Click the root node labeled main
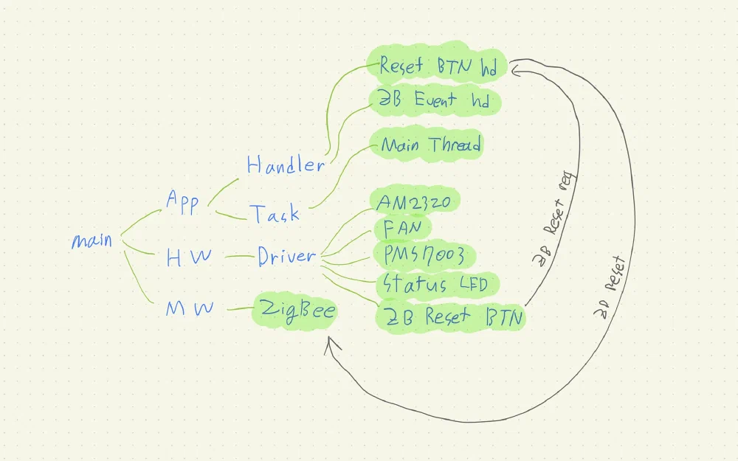pos(92,240)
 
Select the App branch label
pos(182,201)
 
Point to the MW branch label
pos(189,309)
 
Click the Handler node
pos(285,165)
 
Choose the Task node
pos(274,214)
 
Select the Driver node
pos(286,257)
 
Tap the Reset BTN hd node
pos(438,66)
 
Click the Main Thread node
pos(431,145)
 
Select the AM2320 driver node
pos(418,201)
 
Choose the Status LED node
pos(432,284)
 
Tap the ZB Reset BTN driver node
pos(450,318)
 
